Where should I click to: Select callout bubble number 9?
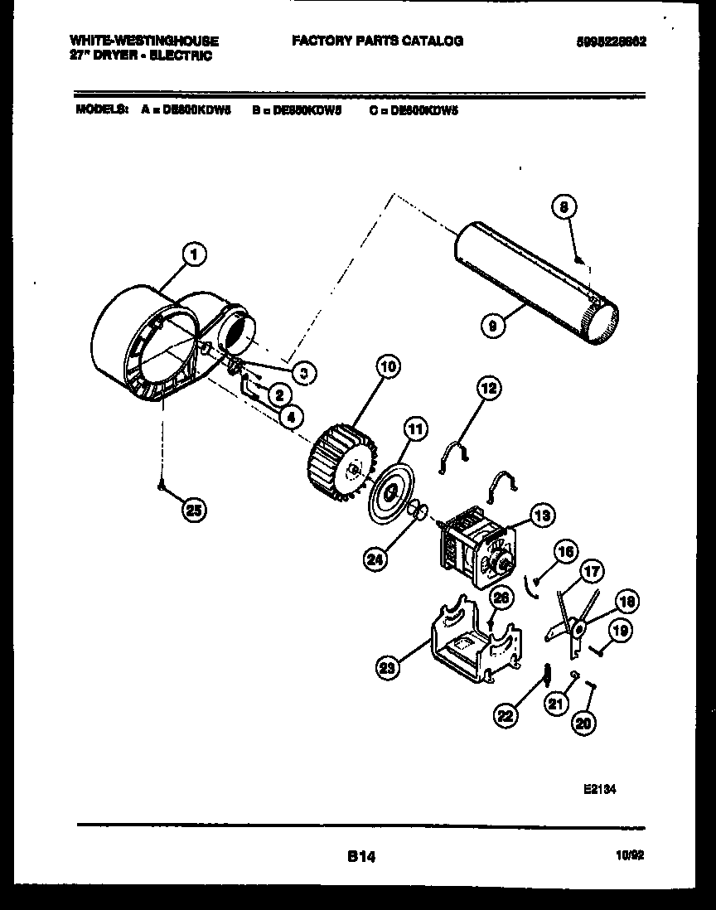[x=495, y=326]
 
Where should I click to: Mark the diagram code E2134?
[x=600, y=791]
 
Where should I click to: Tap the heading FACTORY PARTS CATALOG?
[x=376, y=41]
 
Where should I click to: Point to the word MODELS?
[x=102, y=109]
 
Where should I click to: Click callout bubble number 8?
[x=564, y=209]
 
